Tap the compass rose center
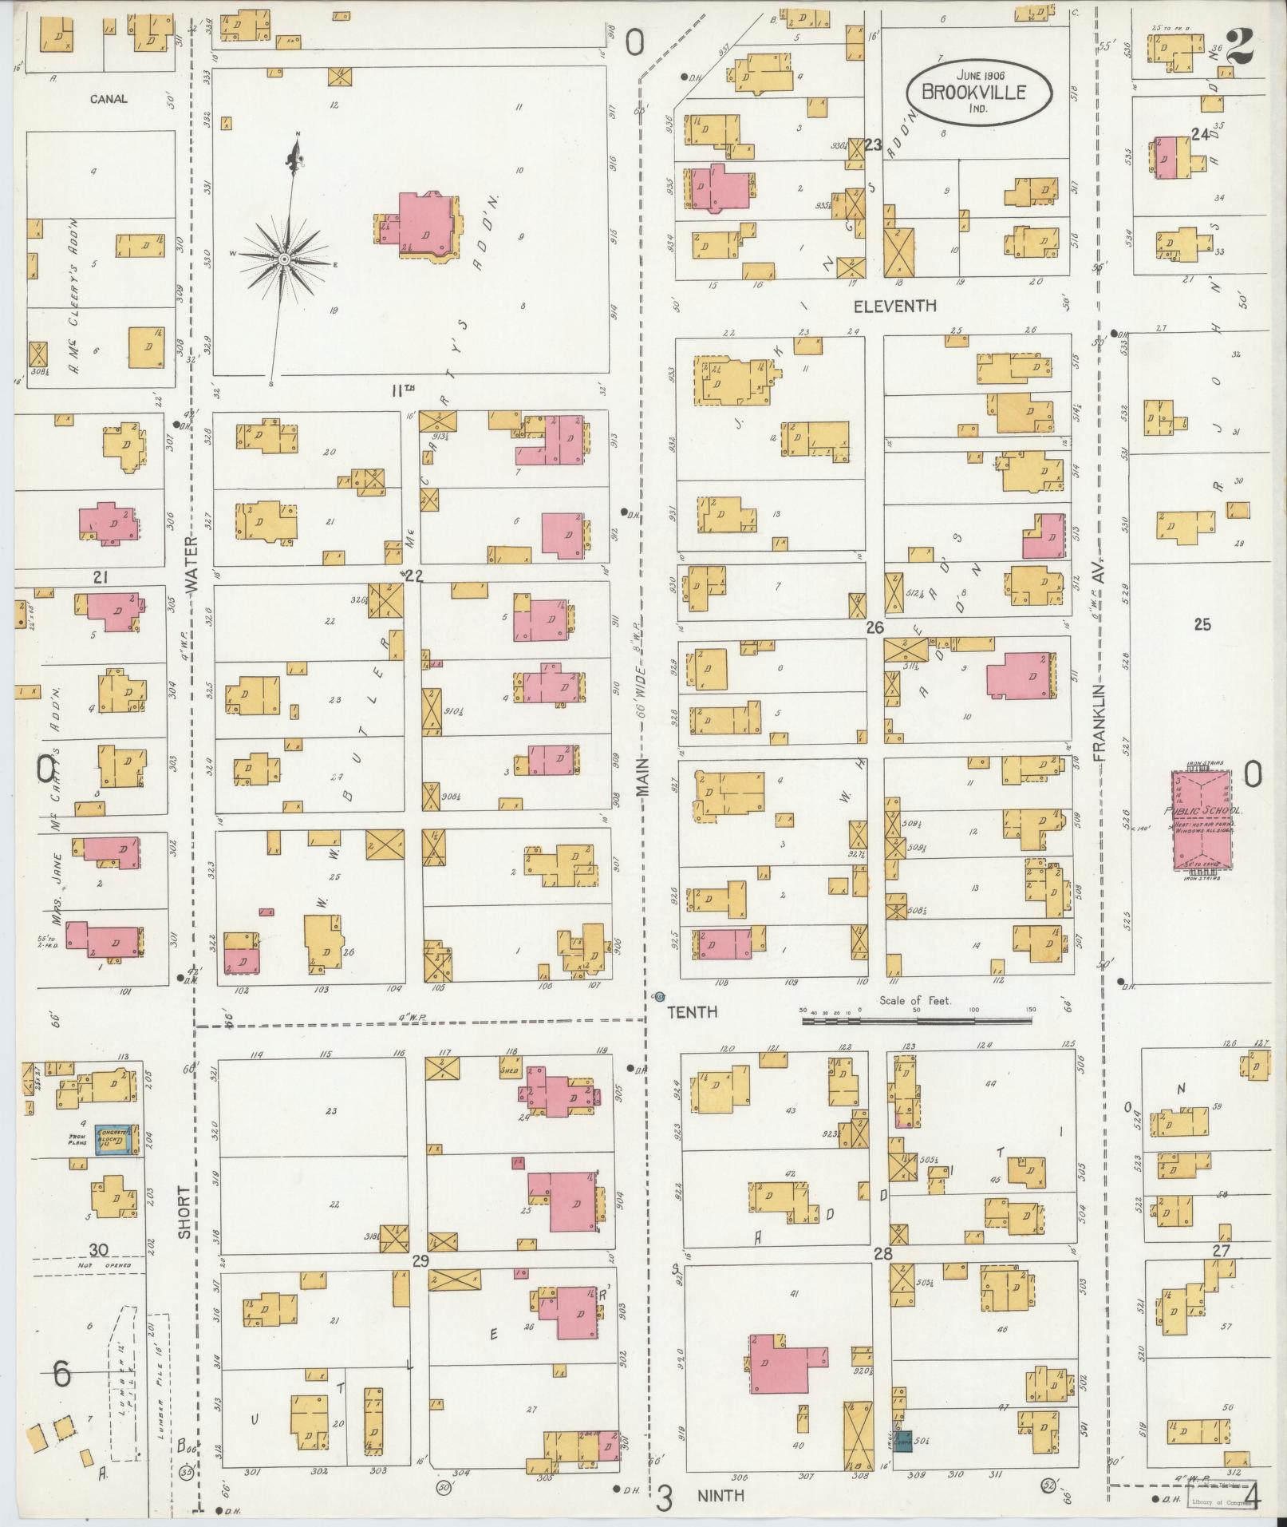283,260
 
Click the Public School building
1204,821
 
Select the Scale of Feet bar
916,1019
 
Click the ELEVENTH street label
894,306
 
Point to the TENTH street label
692,1012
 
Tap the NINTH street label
720,1495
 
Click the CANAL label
109,99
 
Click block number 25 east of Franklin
1202,624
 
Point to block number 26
874,627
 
